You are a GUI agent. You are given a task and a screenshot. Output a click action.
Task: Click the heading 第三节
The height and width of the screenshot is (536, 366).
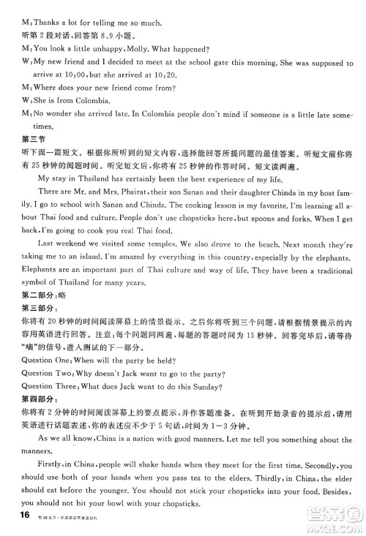34,139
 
